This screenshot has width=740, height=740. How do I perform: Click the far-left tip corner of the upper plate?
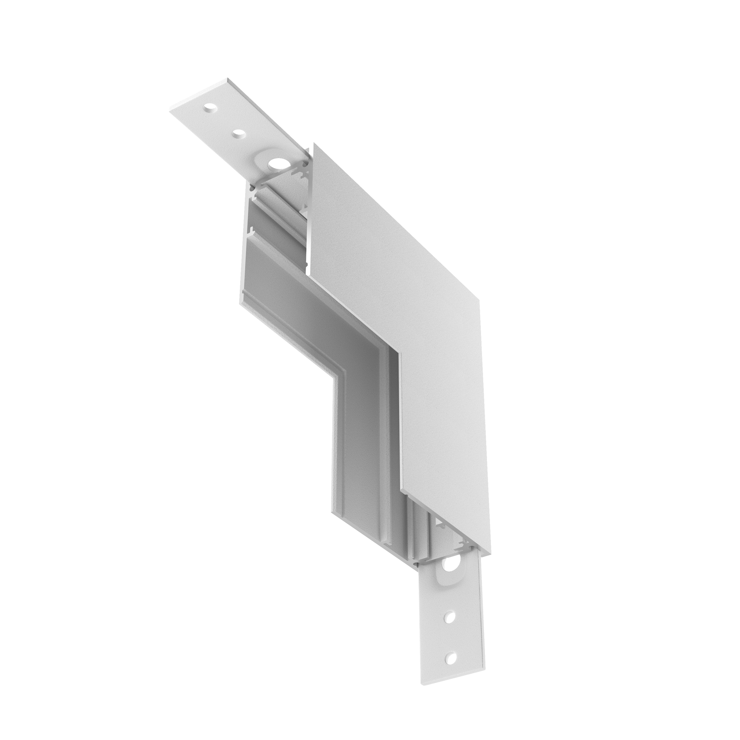click(x=170, y=112)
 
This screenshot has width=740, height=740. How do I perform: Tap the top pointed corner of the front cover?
click(x=314, y=143)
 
